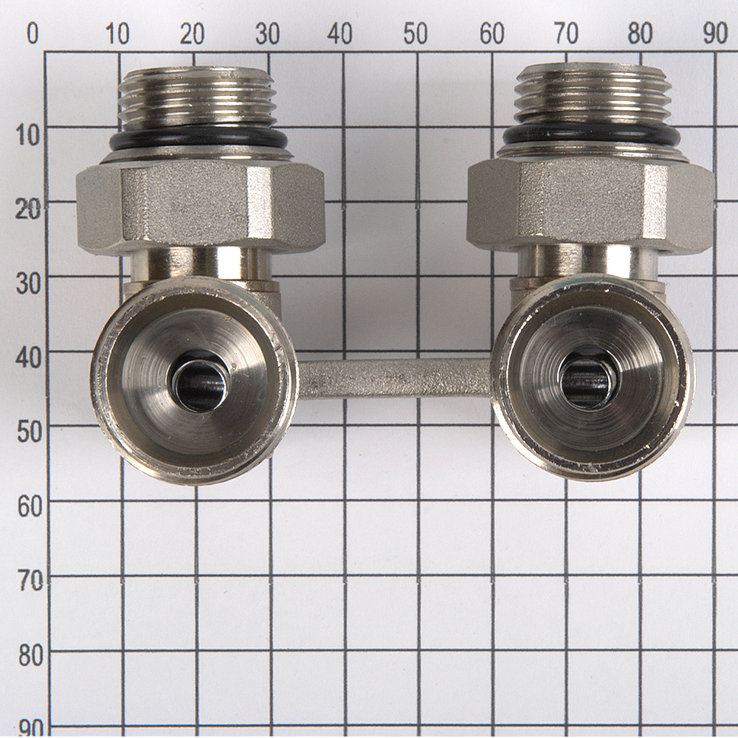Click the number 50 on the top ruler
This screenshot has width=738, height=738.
coord(415,34)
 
